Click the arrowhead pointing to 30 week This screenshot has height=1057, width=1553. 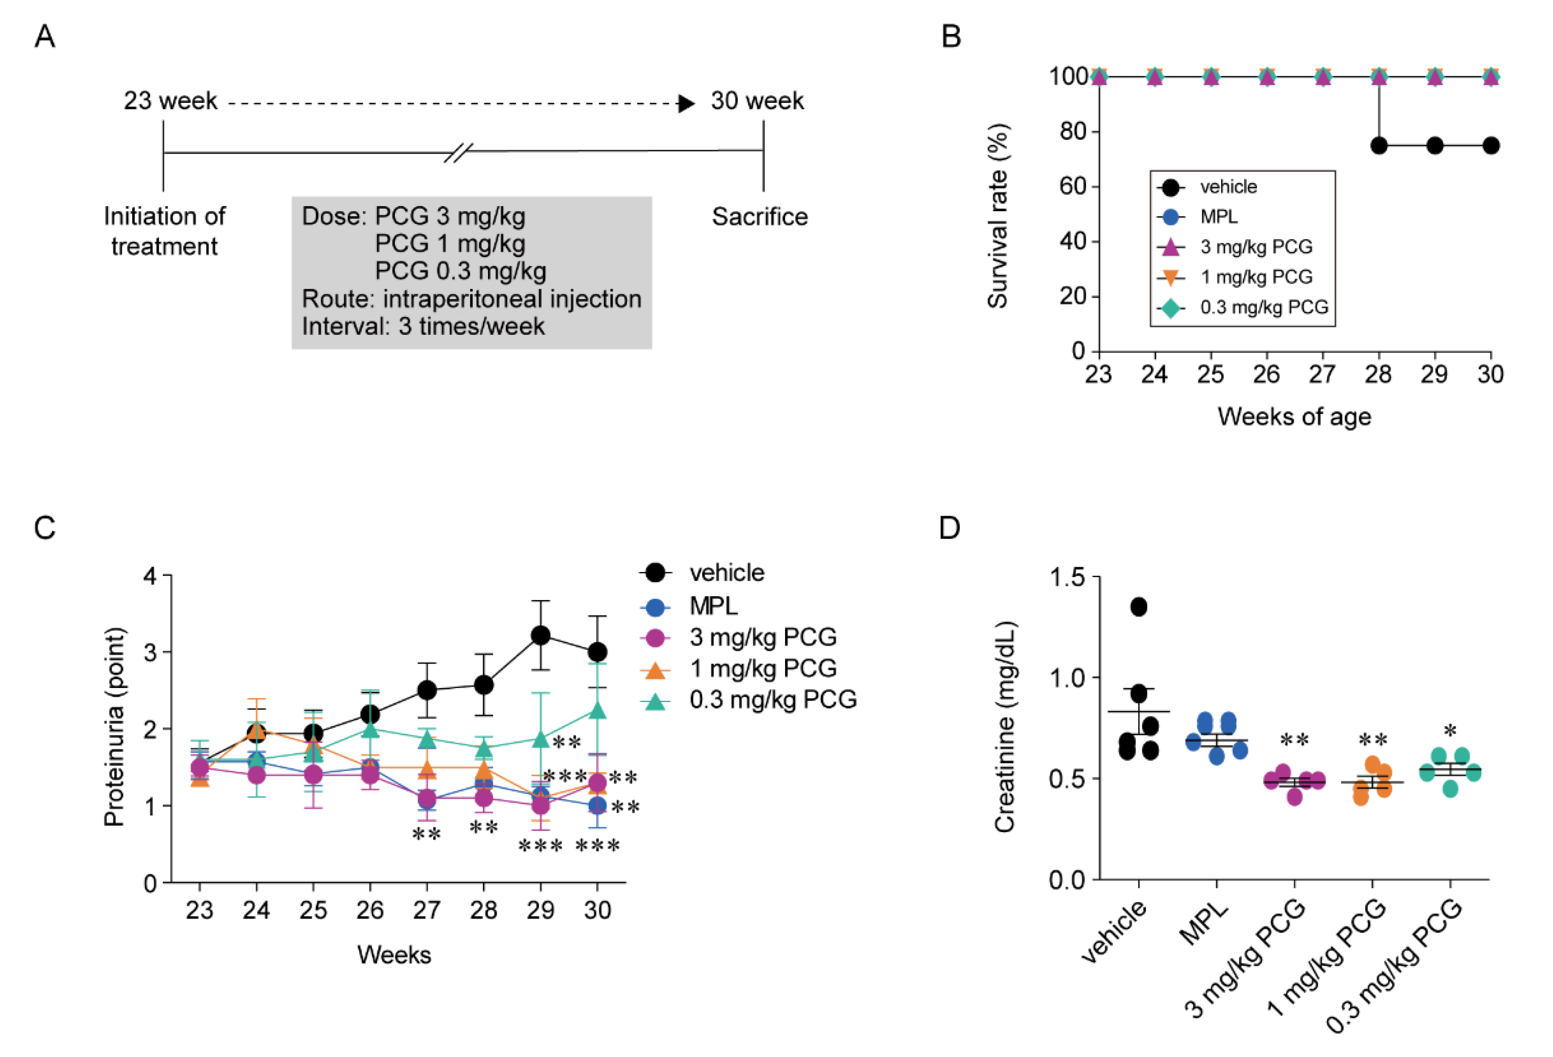(x=686, y=103)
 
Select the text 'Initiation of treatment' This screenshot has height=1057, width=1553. (x=164, y=231)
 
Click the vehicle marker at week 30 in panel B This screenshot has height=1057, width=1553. (x=1490, y=146)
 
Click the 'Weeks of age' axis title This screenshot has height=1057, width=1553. (x=1293, y=416)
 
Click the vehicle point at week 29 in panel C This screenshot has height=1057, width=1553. (x=540, y=636)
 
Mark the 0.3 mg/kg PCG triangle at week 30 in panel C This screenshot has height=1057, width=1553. (x=597, y=710)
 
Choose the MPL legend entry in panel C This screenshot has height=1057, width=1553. (x=713, y=606)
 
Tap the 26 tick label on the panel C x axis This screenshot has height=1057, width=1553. (x=369, y=910)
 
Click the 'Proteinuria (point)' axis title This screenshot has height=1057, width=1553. (x=114, y=727)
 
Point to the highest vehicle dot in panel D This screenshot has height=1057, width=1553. (x=1139, y=607)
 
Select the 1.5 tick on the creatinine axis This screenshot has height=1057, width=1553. (x=1067, y=577)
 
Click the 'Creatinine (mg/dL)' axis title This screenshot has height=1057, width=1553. (x=1004, y=727)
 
